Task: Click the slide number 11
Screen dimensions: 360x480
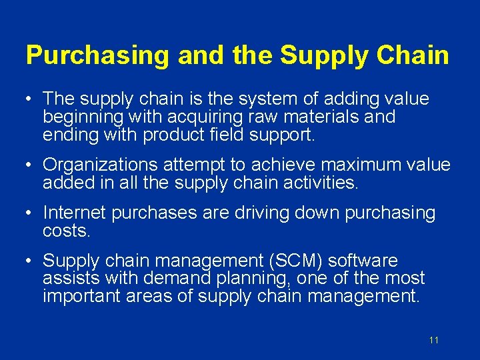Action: click(434, 340)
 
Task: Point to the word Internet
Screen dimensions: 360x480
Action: click(74, 213)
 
